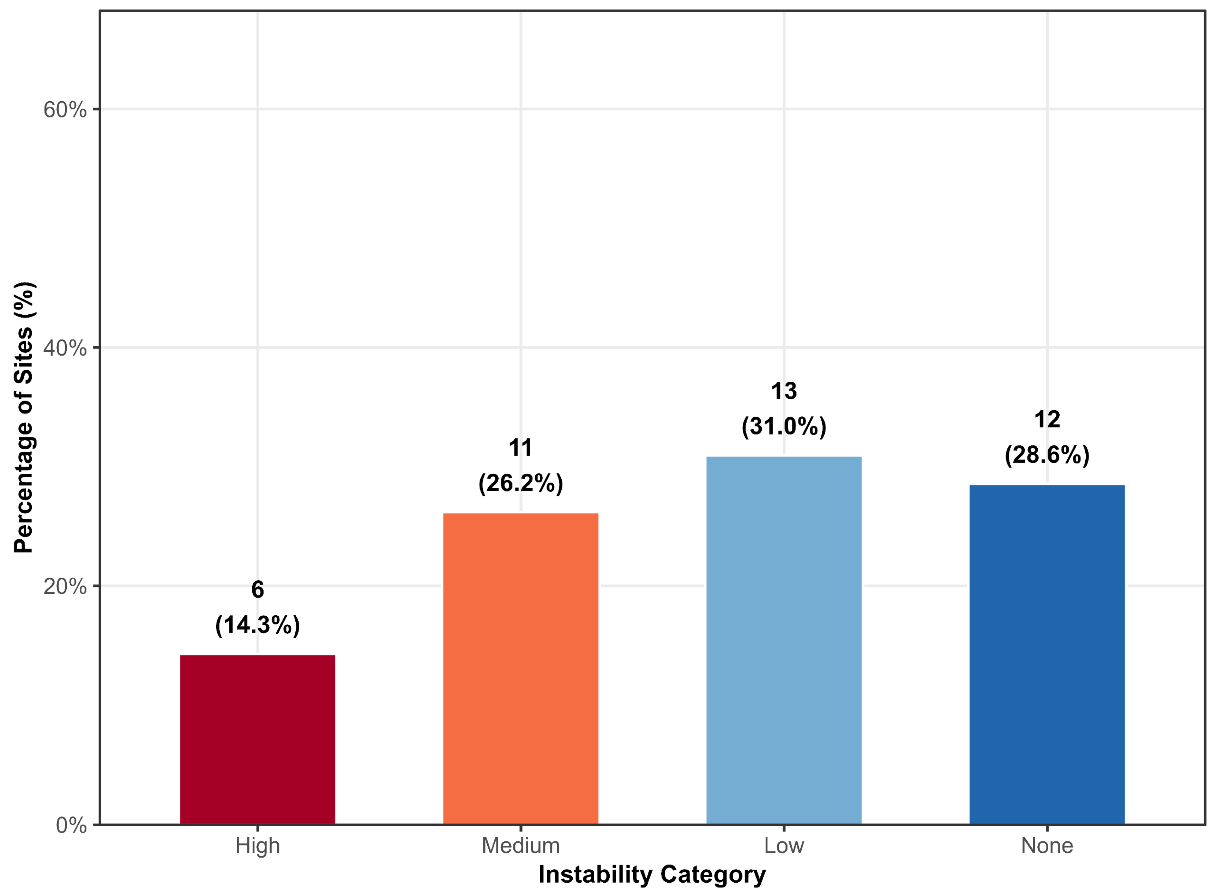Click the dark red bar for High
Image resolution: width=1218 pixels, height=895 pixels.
[257, 739]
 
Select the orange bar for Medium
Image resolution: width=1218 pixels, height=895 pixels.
[521, 669]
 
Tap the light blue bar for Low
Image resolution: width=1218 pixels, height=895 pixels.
[784, 640]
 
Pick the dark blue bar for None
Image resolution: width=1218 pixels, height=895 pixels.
[1047, 654]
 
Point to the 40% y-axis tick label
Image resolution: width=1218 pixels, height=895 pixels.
[65, 348]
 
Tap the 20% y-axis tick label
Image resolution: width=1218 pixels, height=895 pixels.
[65, 586]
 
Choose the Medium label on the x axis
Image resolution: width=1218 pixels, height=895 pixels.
[521, 846]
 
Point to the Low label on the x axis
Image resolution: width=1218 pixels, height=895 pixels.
[784, 846]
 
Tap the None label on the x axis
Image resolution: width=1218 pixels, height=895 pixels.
[1047, 846]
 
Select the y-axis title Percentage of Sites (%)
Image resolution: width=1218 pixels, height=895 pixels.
[24, 417]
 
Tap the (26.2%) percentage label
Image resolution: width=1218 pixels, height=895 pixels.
[521, 482]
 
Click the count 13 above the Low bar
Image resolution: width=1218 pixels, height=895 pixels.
[784, 391]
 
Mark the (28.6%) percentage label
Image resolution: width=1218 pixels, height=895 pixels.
[1047, 454]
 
